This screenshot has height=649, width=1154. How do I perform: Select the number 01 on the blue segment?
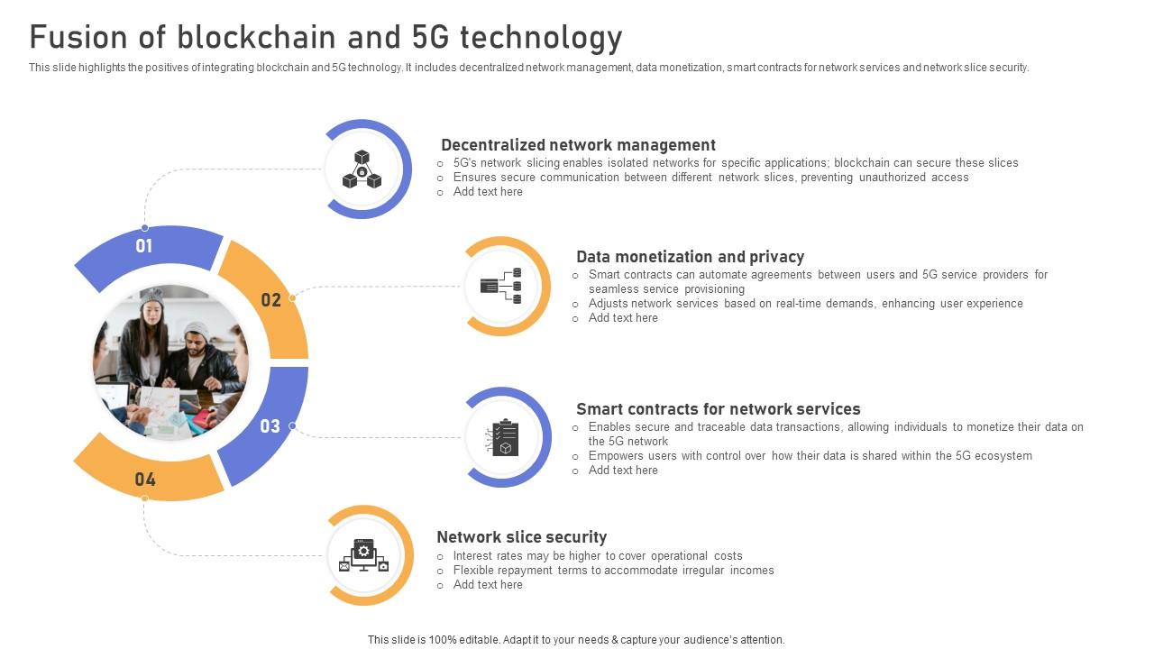pyautogui.click(x=144, y=246)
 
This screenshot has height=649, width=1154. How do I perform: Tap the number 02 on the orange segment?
pyautogui.click(x=270, y=300)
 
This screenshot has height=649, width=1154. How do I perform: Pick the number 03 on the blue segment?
pyautogui.click(x=270, y=426)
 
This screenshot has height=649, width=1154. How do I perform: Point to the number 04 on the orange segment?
pyautogui.click(x=145, y=480)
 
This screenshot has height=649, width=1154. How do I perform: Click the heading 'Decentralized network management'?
pyautogui.click(x=578, y=145)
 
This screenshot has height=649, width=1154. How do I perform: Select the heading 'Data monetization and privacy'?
pyautogui.click(x=690, y=257)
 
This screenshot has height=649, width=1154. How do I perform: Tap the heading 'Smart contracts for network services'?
pyautogui.click(x=718, y=409)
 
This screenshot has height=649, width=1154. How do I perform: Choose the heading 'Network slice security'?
pyautogui.click(x=521, y=537)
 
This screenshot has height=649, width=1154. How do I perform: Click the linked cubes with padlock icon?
pyautogui.click(x=362, y=169)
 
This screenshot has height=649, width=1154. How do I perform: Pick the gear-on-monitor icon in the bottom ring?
pyautogui.click(x=363, y=555)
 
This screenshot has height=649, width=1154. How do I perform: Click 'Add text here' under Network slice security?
pyautogui.click(x=488, y=585)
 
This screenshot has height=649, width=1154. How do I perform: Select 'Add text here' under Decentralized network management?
pyautogui.click(x=488, y=192)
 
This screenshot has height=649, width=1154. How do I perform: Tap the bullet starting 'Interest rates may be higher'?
pyautogui.click(x=597, y=556)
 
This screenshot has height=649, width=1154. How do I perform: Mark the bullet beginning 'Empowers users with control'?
pyautogui.click(x=810, y=456)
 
